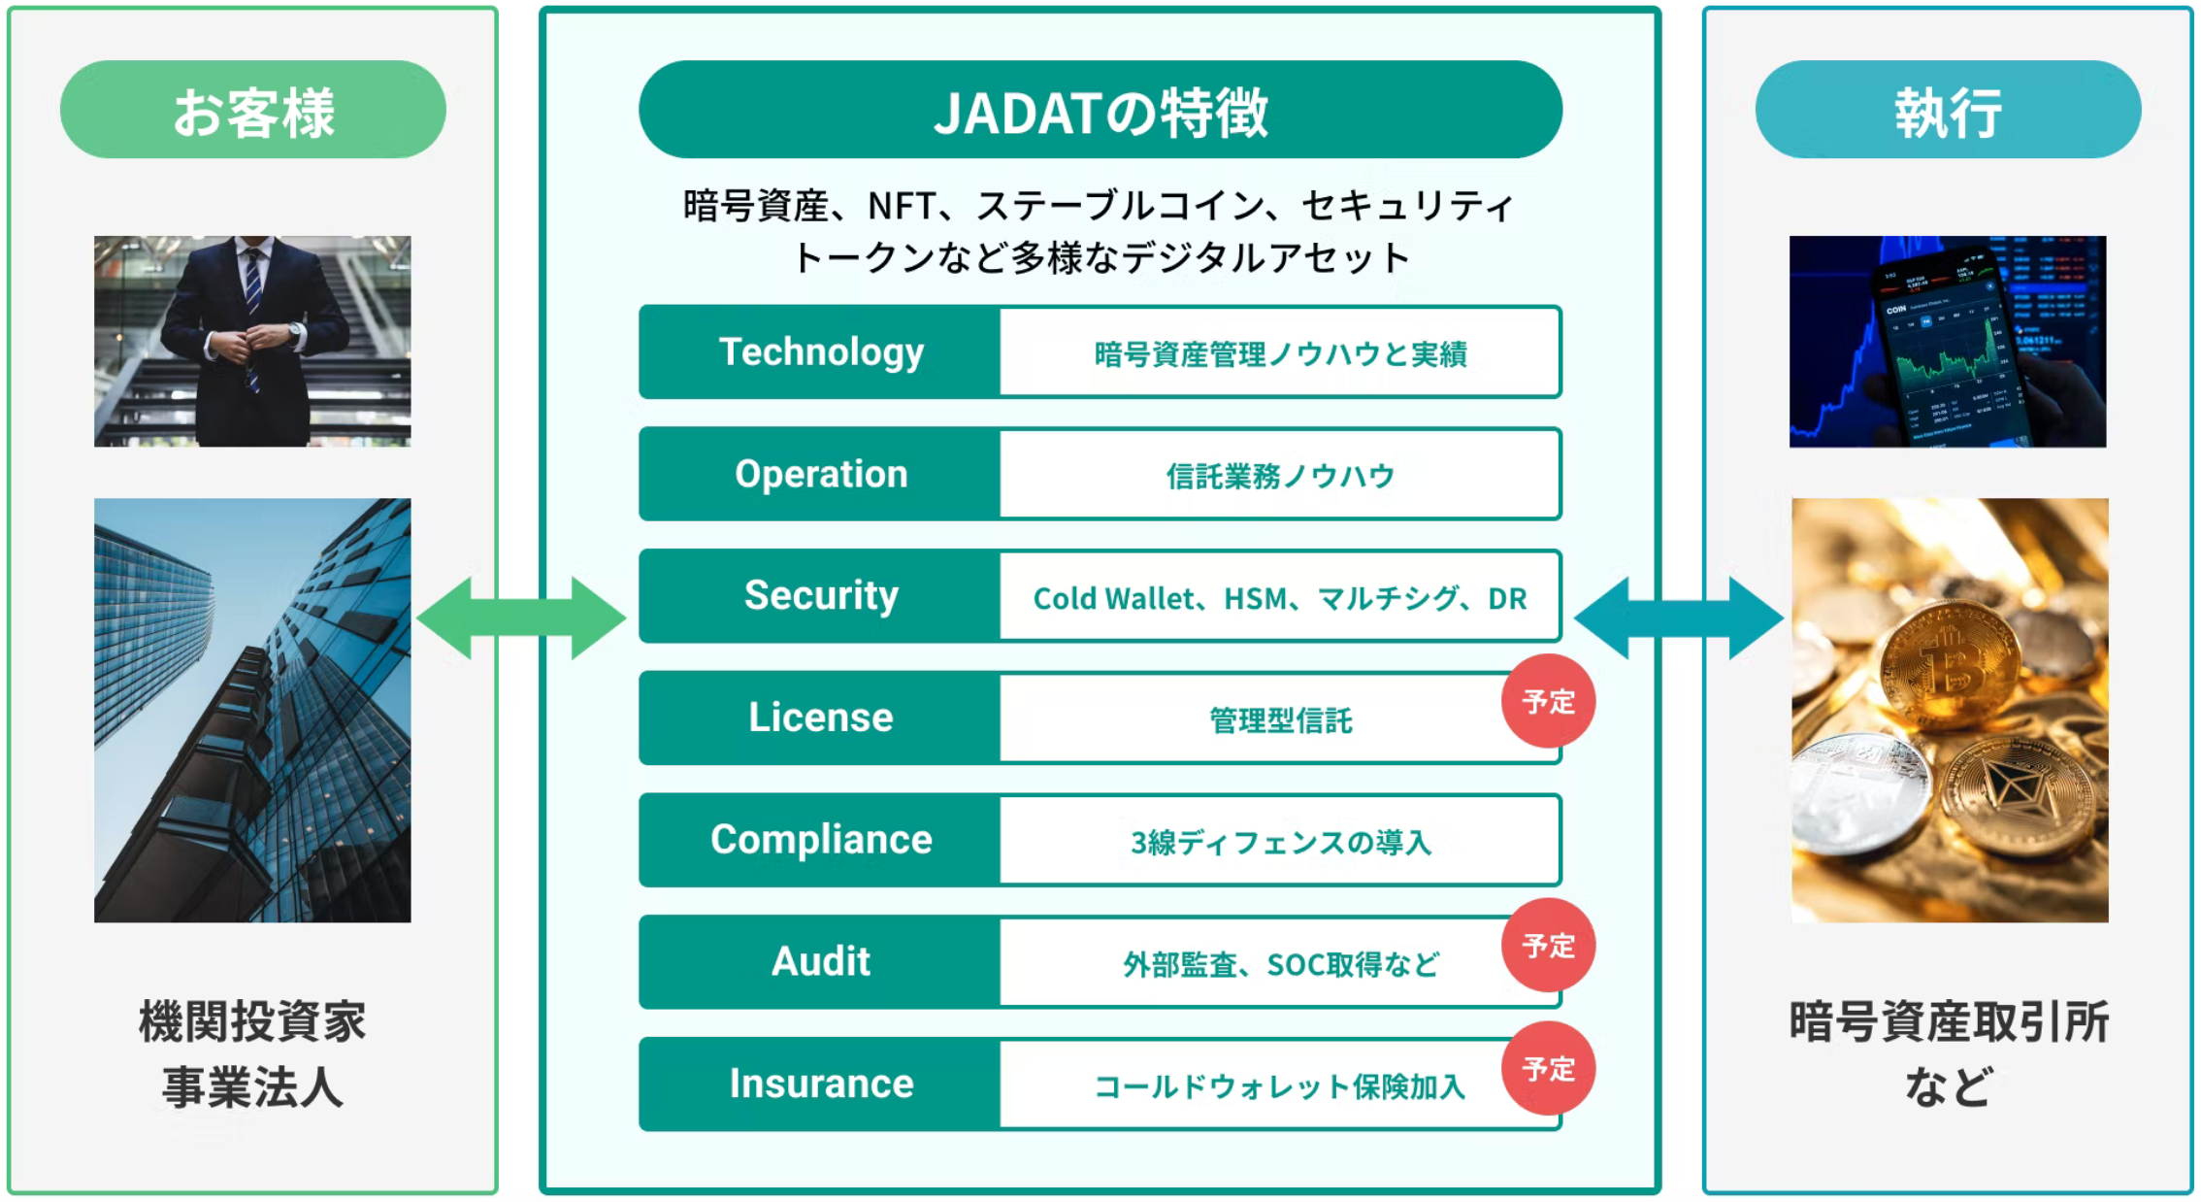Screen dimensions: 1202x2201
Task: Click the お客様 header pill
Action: point(252,110)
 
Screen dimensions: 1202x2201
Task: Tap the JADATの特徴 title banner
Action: point(1100,110)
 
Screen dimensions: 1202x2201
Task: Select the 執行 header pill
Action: point(1948,110)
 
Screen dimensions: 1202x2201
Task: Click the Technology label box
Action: point(820,351)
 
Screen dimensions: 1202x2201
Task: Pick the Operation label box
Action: point(820,474)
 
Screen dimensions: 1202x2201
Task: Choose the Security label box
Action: point(820,595)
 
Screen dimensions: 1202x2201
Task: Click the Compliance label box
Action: point(820,840)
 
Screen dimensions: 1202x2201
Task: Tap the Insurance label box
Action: point(820,1084)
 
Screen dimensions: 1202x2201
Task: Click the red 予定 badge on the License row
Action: point(1548,701)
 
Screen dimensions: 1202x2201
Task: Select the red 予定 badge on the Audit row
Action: point(1548,945)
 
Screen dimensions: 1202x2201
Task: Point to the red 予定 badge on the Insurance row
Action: point(1548,1068)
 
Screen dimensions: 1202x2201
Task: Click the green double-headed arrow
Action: point(521,618)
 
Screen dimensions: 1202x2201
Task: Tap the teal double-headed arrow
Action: point(1678,618)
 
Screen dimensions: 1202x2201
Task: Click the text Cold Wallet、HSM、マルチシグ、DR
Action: point(1279,598)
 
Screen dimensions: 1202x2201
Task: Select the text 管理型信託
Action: point(1279,720)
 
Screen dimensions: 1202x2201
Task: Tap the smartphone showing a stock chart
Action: point(1946,350)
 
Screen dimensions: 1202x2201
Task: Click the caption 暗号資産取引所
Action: point(1949,1022)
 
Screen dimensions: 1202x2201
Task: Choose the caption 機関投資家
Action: point(252,1022)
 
